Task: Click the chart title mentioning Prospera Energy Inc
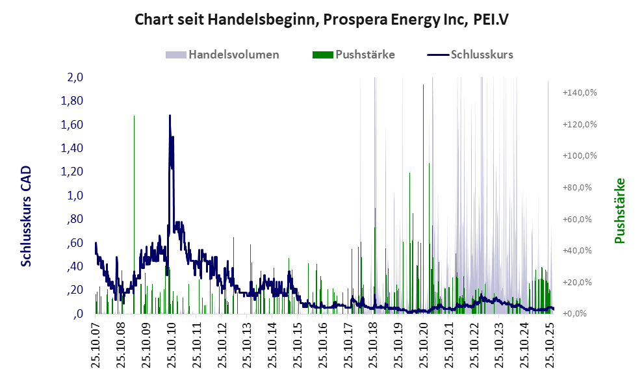click(x=321, y=19)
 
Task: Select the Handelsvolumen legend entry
click(x=233, y=55)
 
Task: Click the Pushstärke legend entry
click(x=365, y=55)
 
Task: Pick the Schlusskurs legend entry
click(x=481, y=55)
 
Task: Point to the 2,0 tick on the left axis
click(x=75, y=77)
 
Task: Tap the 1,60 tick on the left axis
click(x=72, y=125)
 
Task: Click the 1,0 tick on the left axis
click(x=75, y=196)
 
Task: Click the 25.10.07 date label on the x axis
click(x=96, y=344)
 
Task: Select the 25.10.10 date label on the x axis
click(x=171, y=344)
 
